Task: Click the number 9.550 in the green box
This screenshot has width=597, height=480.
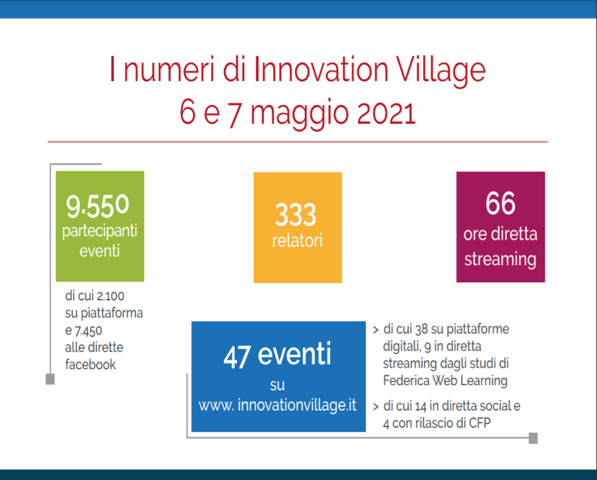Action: (x=98, y=206)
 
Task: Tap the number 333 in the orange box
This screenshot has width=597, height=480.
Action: (x=296, y=214)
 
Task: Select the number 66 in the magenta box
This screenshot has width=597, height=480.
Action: (x=501, y=203)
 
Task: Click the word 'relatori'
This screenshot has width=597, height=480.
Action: (x=297, y=241)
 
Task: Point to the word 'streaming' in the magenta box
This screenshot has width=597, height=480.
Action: (x=501, y=260)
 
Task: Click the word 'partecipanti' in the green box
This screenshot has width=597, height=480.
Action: (x=100, y=231)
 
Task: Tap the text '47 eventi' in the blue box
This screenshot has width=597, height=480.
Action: (x=277, y=355)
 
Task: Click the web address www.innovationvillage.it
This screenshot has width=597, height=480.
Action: (x=277, y=405)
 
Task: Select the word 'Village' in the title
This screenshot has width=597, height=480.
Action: (x=441, y=70)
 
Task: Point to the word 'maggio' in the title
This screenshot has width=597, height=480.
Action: (x=299, y=115)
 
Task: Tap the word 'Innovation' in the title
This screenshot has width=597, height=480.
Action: (x=321, y=69)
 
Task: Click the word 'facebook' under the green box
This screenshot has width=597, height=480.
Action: (x=91, y=364)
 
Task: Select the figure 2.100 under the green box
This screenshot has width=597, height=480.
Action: (x=110, y=296)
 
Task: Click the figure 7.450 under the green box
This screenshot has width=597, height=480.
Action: (x=88, y=332)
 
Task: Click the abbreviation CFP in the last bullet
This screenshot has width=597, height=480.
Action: (x=480, y=423)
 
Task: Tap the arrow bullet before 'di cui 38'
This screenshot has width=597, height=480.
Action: (x=376, y=329)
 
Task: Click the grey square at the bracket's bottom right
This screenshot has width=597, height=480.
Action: (x=533, y=438)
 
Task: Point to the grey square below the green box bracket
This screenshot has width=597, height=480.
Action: (x=50, y=379)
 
